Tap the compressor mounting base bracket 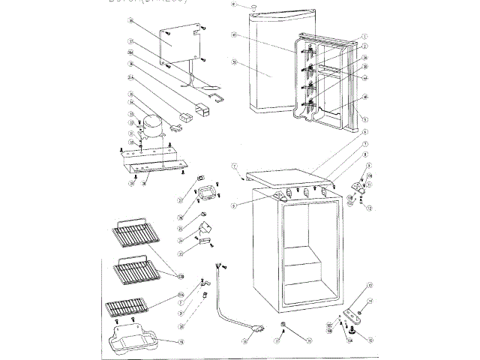(x=153, y=160)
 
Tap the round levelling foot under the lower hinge (x=355, y=328)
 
